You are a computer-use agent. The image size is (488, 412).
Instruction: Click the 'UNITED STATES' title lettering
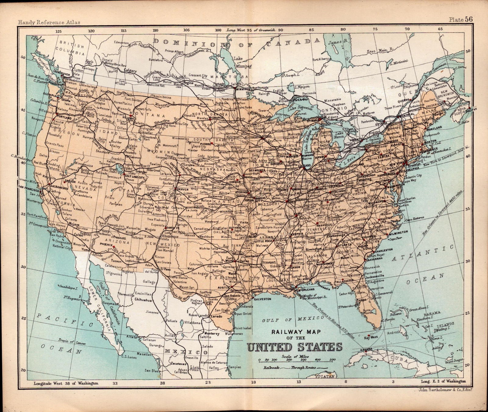click(294, 347)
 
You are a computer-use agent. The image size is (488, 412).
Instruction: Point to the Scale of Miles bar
click(296, 360)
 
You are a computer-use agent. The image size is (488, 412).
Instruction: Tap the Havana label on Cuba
click(367, 349)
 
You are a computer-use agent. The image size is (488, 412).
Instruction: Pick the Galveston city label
click(262, 299)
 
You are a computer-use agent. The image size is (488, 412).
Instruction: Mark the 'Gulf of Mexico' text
click(292, 319)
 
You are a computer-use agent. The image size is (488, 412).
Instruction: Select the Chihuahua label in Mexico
click(143, 300)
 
